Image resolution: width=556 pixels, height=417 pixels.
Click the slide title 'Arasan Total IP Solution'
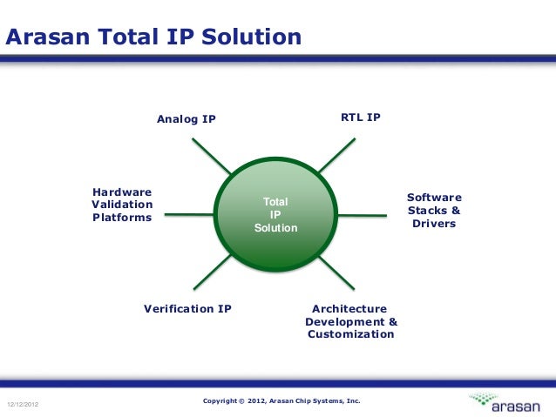point(154,37)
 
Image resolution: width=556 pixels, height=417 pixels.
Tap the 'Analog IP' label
point(186,118)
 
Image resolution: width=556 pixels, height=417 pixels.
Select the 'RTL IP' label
point(360,116)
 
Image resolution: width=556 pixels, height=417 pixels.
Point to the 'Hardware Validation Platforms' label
point(122,205)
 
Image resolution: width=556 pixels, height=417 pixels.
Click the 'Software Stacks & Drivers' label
point(434,211)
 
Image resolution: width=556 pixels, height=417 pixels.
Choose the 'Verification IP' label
point(187,308)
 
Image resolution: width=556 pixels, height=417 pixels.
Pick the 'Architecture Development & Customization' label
point(351,321)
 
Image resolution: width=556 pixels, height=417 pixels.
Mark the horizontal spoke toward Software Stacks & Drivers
point(363,212)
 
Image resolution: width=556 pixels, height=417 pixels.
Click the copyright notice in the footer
point(281,401)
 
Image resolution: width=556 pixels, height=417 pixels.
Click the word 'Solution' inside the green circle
point(276,228)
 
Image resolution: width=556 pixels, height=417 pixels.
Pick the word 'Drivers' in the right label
point(435,224)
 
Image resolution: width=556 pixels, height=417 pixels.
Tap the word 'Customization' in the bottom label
point(350,334)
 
